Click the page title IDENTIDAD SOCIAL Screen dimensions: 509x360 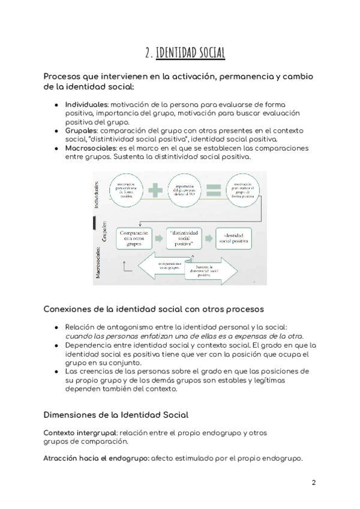tap(190, 53)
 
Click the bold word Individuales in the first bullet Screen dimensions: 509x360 tap(86, 104)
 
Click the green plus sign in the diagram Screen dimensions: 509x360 tap(155, 190)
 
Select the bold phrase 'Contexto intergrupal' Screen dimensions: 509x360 tap(80, 433)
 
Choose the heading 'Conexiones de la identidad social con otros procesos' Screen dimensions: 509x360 tap(153, 309)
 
